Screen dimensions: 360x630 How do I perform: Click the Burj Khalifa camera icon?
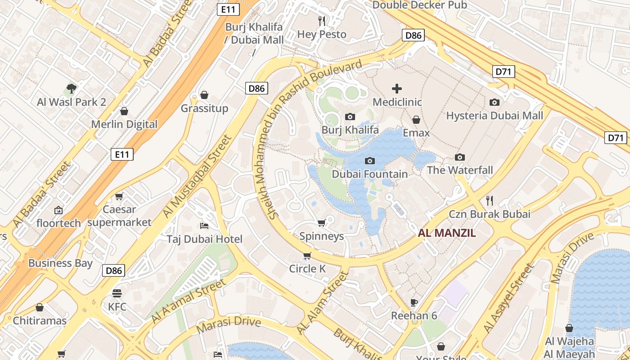click(350, 117)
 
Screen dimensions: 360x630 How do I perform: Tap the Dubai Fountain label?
click(369, 174)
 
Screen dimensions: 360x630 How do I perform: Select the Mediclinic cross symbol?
click(397, 89)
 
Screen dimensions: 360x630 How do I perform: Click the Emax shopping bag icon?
click(416, 120)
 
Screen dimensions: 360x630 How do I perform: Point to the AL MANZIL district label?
click(447, 233)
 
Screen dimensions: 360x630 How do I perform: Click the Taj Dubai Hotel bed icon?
click(204, 225)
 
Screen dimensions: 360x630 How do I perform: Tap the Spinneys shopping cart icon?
click(321, 223)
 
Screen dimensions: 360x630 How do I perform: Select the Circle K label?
click(307, 269)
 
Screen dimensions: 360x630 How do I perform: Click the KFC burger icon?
click(117, 293)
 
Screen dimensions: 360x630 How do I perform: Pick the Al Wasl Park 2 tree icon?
click(71, 88)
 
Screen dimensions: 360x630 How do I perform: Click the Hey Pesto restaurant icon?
click(322, 21)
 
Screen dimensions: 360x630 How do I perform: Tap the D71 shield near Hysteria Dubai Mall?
click(504, 72)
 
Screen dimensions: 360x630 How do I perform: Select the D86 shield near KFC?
click(114, 270)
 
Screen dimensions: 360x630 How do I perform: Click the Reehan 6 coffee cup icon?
click(414, 302)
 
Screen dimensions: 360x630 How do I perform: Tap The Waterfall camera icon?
click(459, 157)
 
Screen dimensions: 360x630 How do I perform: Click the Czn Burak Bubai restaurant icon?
click(490, 200)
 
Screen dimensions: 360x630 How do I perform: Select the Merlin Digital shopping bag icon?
click(124, 111)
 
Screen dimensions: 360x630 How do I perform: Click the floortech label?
click(58, 223)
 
